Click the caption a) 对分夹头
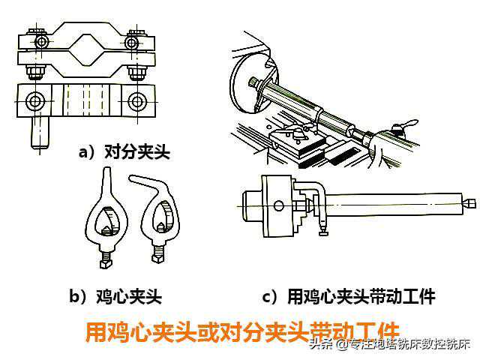tap(124, 151)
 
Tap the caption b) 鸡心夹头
tap(115, 296)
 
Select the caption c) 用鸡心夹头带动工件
tap(349, 296)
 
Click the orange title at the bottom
tap(242, 331)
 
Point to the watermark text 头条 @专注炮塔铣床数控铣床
tap(389, 345)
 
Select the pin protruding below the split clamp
tap(40, 133)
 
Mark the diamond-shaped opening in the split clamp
tap(85, 49)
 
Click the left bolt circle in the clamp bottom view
tap(34, 100)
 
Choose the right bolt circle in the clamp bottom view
tap(136, 101)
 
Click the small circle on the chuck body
tap(278, 205)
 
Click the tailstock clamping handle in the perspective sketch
tap(405, 125)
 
